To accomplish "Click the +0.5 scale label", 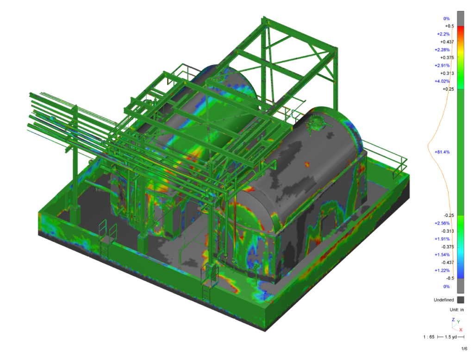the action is pyautogui.click(x=449, y=26).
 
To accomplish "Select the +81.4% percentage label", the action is pyautogui.click(x=442, y=152).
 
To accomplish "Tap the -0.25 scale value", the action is pyautogui.click(x=449, y=216).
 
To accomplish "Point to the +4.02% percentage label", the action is pyautogui.click(x=442, y=81).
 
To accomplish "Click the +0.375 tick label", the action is pyautogui.click(x=447, y=57).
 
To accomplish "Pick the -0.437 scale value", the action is pyautogui.click(x=448, y=263).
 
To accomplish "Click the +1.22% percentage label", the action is pyautogui.click(x=442, y=271).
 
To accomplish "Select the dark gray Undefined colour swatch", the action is pyautogui.click(x=461, y=300).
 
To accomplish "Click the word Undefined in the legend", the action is pyautogui.click(x=444, y=300).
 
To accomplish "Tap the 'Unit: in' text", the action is pyautogui.click(x=456, y=310).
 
